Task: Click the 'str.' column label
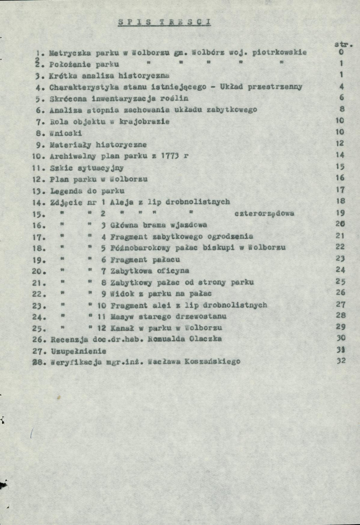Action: tap(343, 44)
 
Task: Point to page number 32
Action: tap(342, 362)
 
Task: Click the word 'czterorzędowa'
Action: tap(264, 214)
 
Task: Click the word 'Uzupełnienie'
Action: tap(78, 351)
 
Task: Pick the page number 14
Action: tap(342, 155)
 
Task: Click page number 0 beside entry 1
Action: tap(342, 52)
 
